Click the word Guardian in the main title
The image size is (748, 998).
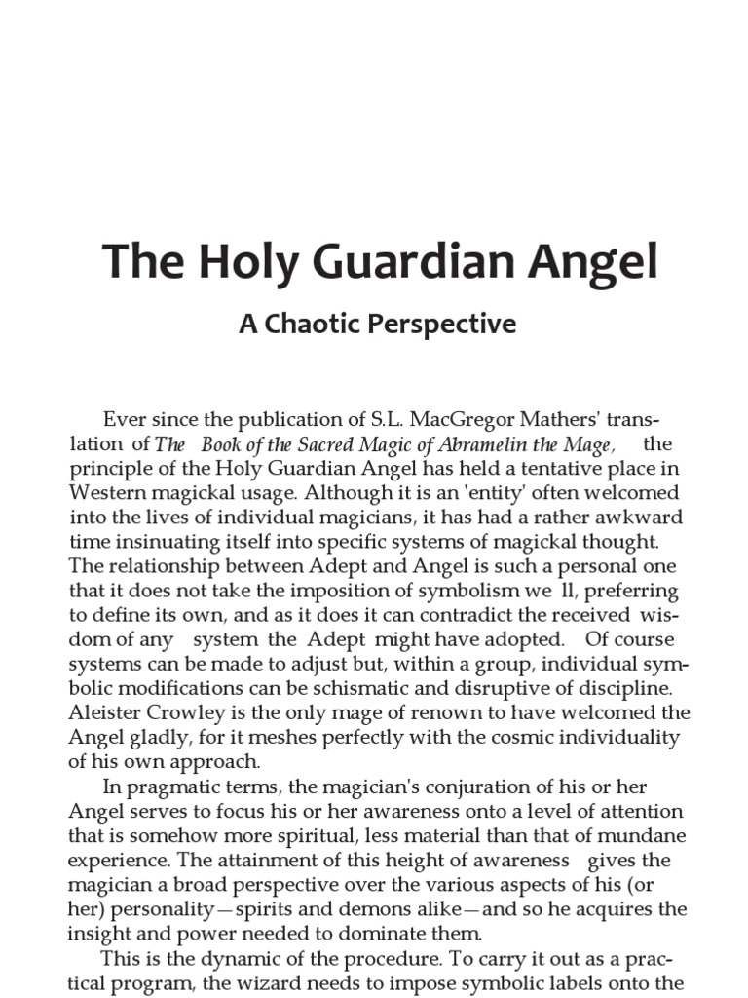[x=391, y=263]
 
